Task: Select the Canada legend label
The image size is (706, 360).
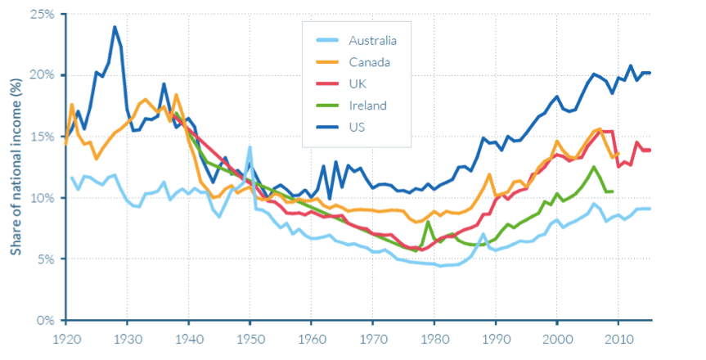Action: click(x=369, y=61)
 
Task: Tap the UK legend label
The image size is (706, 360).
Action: click(x=357, y=83)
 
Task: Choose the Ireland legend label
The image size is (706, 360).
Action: click(x=366, y=106)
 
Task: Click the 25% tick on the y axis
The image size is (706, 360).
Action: click(x=42, y=14)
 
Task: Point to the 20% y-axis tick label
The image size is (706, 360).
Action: click(x=42, y=75)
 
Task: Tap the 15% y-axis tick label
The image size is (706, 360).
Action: click(x=42, y=137)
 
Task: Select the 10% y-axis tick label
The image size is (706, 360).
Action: click(x=42, y=198)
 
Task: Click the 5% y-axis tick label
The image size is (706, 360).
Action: click(x=45, y=259)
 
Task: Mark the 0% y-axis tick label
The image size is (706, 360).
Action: click(x=45, y=321)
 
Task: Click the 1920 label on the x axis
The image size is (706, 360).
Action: click(x=66, y=339)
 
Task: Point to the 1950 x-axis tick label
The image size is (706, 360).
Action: click(x=250, y=339)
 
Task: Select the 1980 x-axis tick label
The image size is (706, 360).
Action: click(x=434, y=339)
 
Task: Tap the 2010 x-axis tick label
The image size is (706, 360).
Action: click(x=618, y=339)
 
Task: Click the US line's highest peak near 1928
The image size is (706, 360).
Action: click(x=115, y=27)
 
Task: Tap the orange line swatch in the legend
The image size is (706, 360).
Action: click(x=326, y=61)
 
